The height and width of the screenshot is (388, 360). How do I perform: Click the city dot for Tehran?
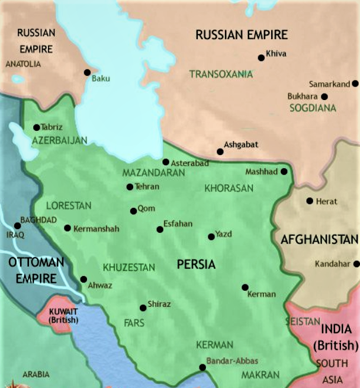coord(130,187)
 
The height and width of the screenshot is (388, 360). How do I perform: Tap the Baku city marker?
coord(87,72)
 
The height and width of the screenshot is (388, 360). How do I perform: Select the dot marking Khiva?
coord(261,57)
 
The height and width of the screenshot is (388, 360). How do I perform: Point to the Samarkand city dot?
coord(355,84)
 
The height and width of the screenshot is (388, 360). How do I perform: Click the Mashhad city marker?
coord(284,172)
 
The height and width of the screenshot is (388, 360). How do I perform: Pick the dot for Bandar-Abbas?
coord(202,367)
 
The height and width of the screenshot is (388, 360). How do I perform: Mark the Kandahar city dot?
coord(356,264)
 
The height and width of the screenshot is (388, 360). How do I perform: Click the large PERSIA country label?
coord(196,264)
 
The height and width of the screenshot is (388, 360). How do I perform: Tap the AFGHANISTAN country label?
coord(319,240)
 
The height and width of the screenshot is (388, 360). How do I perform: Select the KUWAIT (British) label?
coord(63,315)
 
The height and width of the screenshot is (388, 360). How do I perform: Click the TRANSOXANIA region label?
coord(221,74)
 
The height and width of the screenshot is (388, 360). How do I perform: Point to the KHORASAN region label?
coord(229,188)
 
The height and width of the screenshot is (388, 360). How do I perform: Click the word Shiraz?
coord(159,304)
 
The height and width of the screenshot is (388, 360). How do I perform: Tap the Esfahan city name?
coord(178,223)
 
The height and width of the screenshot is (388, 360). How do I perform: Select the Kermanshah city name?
coord(97,228)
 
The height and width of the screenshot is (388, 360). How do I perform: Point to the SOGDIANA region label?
coord(313,108)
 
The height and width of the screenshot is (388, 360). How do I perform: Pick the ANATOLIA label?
coord(23,64)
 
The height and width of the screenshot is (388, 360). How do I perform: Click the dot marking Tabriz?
coord(37,127)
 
